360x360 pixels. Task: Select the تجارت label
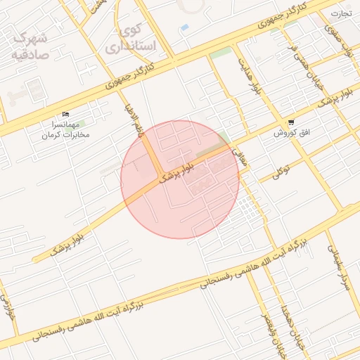click(341, 13)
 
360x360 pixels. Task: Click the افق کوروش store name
click(288, 131)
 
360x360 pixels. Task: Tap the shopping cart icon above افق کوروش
click(291, 122)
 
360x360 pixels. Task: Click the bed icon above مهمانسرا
click(65, 114)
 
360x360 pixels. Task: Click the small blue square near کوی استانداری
click(184, 27)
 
